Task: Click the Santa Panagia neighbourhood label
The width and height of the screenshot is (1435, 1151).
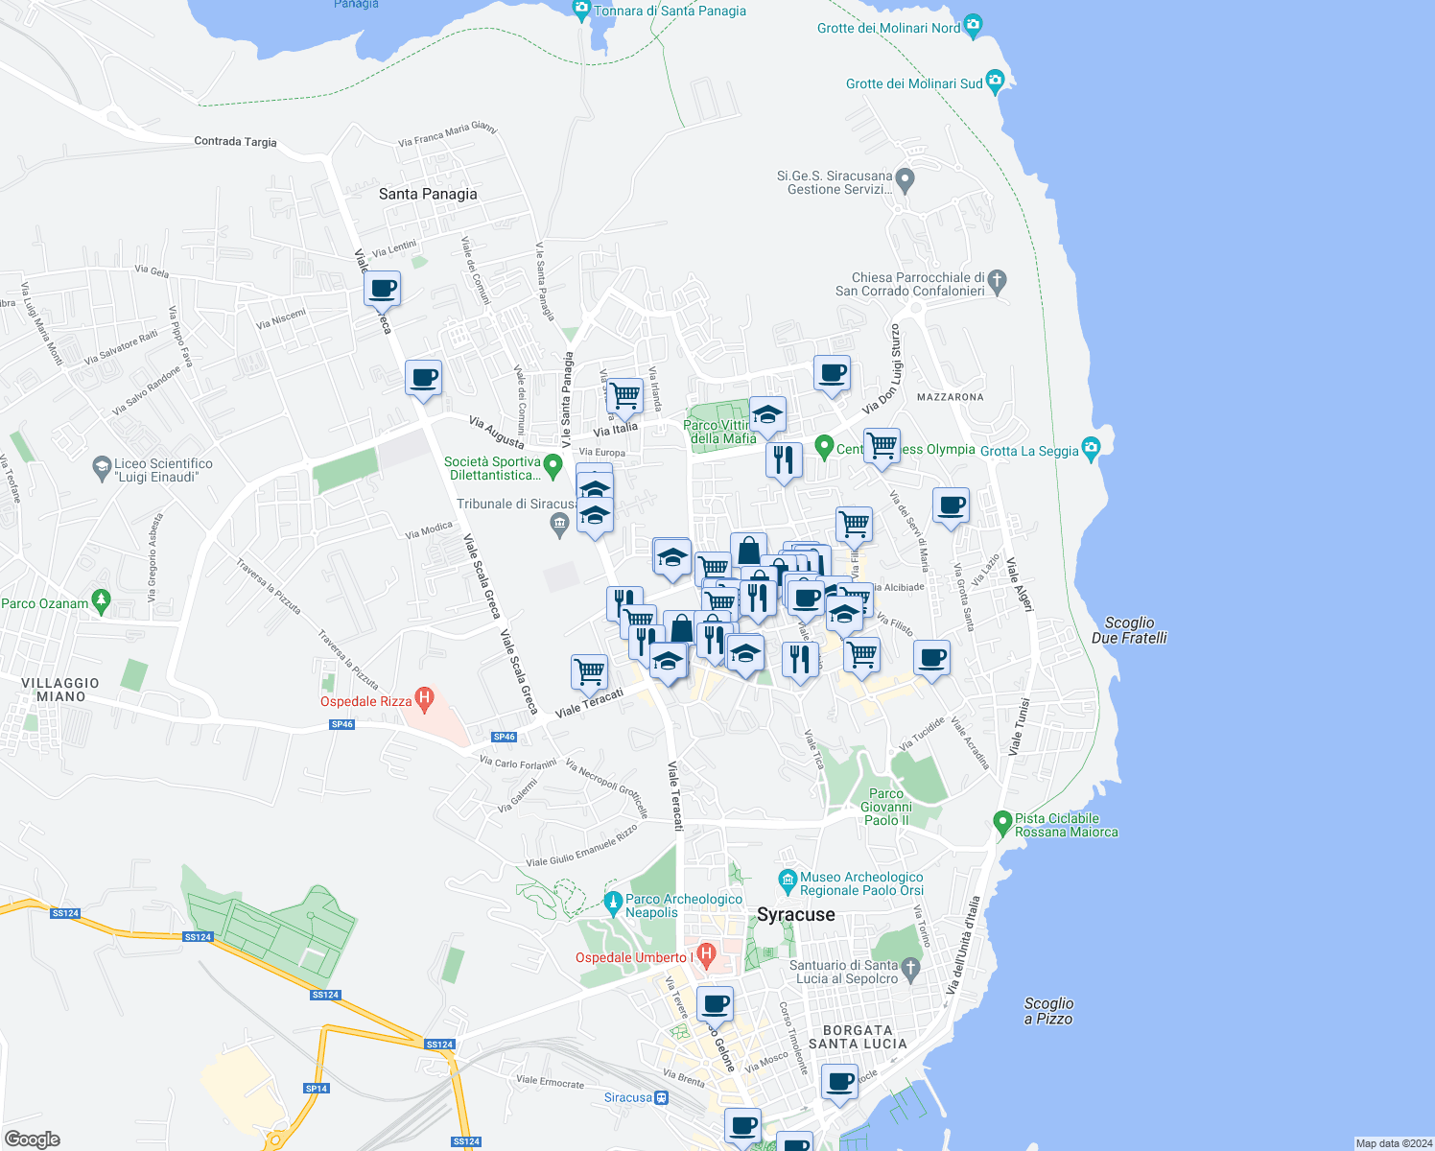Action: tap(428, 194)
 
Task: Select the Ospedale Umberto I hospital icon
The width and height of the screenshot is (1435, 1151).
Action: tap(707, 954)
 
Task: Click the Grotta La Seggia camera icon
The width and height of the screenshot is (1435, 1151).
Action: tap(1091, 448)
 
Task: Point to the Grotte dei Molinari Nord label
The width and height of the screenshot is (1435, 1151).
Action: tap(888, 28)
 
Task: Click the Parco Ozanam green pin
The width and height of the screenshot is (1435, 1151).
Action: tap(102, 601)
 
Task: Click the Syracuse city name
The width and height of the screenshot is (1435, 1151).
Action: tap(796, 915)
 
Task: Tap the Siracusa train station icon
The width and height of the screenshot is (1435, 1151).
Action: tap(661, 1097)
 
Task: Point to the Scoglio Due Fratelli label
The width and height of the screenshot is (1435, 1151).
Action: tap(1129, 630)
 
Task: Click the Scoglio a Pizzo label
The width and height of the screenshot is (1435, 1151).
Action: tap(1048, 1011)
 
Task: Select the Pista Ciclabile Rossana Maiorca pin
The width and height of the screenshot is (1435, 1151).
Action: tap(1002, 822)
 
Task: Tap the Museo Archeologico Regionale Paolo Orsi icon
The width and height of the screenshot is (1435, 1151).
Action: tap(788, 880)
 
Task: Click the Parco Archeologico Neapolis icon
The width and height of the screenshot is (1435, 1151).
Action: tap(613, 902)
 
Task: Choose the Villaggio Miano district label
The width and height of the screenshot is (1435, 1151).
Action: tap(60, 690)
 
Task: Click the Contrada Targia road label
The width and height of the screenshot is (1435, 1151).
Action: tap(235, 141)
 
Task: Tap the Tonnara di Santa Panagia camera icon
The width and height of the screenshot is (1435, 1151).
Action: tap(581, 10)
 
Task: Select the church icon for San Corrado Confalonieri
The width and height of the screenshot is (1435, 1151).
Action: tap(998, 281)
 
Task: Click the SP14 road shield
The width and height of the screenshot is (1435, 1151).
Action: tap(316, 1089)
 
